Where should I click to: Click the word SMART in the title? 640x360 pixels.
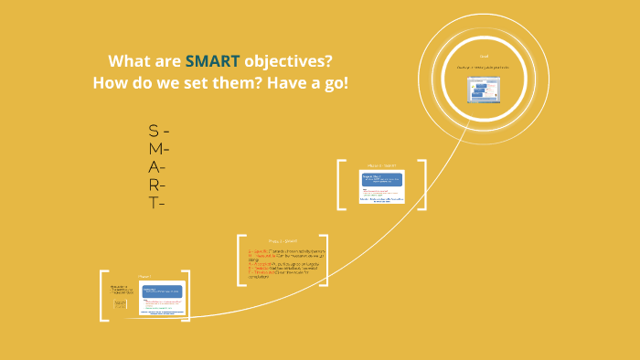(212, 61)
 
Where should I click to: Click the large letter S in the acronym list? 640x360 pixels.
(153, 131)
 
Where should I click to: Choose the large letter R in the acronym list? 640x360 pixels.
(154, 185)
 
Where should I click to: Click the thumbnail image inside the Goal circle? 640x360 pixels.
(483, 90)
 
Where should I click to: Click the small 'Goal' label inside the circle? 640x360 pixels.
(484, 57)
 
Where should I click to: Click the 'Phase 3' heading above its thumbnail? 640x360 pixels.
(381, 165)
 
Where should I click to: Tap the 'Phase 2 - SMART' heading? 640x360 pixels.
(283, 241)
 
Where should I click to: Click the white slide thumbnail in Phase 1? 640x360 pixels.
(162, 300)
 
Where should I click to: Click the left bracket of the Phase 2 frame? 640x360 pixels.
(240, 260)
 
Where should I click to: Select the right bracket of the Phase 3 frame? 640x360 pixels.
(423, 185)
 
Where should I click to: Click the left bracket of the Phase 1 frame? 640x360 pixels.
(102, 296)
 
